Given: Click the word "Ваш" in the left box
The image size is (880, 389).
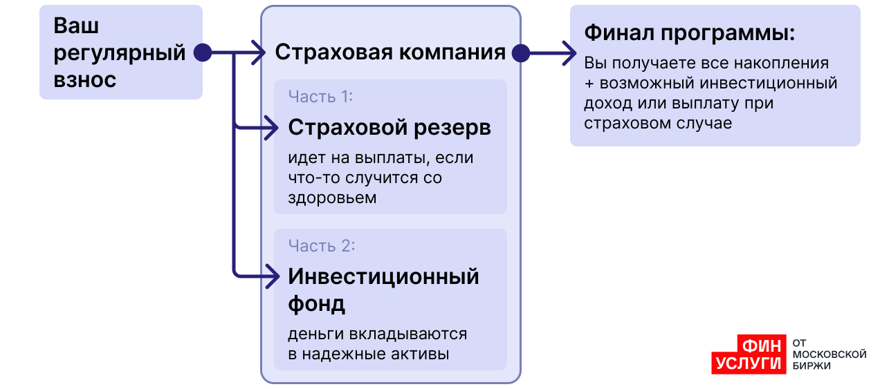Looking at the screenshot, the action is pos(76,26).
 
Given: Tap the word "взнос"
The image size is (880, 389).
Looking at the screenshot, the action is pos(85,79).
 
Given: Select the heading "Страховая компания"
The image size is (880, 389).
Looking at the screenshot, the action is pos(390,53).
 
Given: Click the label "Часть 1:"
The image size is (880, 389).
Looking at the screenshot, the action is pos(320,97).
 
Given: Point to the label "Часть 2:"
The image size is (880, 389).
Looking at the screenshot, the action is pos(322,246).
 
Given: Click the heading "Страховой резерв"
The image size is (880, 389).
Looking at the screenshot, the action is pos(389,128).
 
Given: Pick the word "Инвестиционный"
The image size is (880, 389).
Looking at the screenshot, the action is pos(383,277).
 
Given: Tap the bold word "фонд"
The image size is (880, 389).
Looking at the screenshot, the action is pos(317,304).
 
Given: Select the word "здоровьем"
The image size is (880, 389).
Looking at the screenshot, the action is pos(332,198).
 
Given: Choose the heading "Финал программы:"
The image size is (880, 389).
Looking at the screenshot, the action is pos(690,33).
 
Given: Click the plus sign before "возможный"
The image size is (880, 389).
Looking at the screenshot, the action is pos(589,84).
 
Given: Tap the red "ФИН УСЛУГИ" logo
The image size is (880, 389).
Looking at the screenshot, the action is pos(749,354).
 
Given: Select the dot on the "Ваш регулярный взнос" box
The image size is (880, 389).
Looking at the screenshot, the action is pos(203,53).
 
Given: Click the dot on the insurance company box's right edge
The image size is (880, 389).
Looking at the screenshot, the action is pos(521,53).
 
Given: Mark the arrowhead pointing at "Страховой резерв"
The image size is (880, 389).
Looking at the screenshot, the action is pos(271,128).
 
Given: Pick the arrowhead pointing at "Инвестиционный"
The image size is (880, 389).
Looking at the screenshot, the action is pos(273,277).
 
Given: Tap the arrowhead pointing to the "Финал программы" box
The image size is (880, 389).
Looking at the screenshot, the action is pos(569,53).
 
